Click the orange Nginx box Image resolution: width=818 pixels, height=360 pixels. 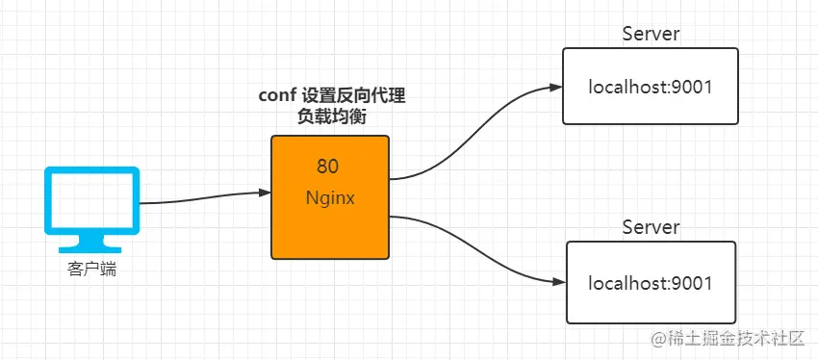click(330, 197)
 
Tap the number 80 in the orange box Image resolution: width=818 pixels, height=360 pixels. click(327, 167)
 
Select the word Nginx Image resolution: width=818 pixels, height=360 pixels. click(330, 199)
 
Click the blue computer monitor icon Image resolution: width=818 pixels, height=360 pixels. click(91, 210)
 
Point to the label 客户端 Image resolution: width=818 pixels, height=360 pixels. click(91, 270)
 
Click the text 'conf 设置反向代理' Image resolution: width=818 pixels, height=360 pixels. click(332, 96)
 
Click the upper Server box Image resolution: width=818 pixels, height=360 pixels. click(650, 86)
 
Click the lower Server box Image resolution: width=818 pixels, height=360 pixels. click(652, 282)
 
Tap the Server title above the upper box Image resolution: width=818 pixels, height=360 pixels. click(652, 34)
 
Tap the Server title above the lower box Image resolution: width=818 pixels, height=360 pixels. click(652, 227)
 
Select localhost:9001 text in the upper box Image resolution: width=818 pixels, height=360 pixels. click(650, 88)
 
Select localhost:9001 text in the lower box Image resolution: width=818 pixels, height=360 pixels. click(650, 283)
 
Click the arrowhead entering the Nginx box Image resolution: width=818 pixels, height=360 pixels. click(265, 193)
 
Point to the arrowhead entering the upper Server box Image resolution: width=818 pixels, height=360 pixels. click(556, 88)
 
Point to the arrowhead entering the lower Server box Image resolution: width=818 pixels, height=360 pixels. click(560, 282)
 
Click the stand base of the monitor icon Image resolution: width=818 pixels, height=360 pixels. click(90, 250)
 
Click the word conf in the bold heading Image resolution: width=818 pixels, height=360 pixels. click(277, 97)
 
